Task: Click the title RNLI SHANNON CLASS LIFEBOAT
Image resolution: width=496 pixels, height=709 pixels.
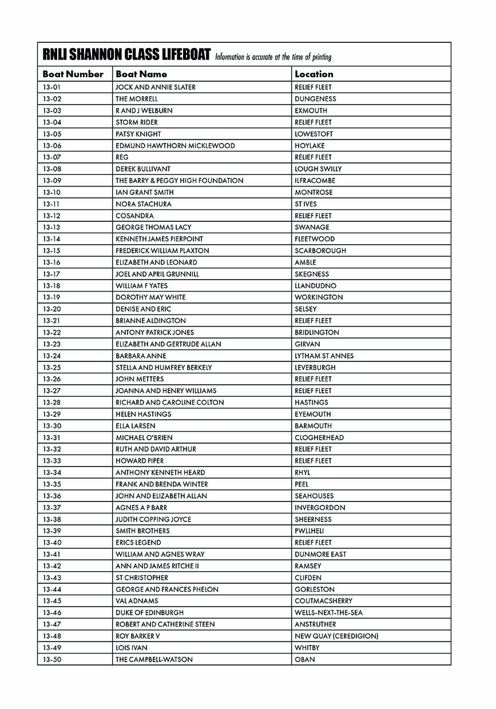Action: click(126, 55)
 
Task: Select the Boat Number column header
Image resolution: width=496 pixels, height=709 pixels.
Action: click(73, 74)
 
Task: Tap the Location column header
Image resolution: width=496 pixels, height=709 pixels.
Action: click(314, 74)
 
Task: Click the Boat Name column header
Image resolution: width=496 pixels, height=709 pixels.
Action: click(141, 74)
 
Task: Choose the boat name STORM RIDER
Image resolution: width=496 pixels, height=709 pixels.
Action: click(136, 122)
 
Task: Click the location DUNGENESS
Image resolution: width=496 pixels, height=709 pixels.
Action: click(315, 99)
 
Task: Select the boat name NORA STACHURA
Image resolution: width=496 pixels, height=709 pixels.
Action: click(143, 204)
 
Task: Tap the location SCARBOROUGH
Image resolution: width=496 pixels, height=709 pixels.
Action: click(320, 250)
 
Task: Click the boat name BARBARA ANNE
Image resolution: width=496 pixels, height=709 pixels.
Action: click(141, 356)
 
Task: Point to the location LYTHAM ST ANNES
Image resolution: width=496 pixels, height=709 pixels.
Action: click(324, 356)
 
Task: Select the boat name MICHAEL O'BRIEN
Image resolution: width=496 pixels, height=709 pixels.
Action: click(144, 437)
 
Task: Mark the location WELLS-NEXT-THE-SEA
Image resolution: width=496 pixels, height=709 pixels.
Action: click(328, 612)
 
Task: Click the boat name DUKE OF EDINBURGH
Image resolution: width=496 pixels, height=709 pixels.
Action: click(149, 612)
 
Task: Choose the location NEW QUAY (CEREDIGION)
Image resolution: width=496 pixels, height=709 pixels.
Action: click(336, 636)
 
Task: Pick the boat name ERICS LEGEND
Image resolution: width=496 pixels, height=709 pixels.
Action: click(138, 543)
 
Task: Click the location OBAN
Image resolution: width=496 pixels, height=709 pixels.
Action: click(305, 659)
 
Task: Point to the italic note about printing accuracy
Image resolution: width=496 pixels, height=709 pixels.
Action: click(273, 57)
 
